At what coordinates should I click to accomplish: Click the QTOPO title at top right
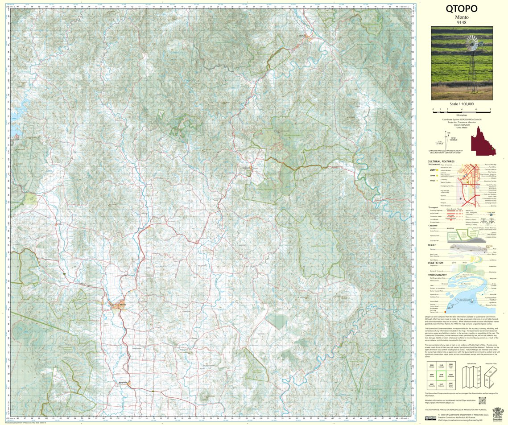461,9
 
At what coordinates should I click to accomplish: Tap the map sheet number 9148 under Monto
461,23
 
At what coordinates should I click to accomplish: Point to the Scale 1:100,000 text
462,103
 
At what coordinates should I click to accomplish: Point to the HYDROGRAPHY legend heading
438,275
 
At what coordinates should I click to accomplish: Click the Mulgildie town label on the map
124,383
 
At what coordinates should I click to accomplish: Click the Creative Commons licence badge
430,418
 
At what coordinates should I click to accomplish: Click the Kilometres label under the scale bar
461,115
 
